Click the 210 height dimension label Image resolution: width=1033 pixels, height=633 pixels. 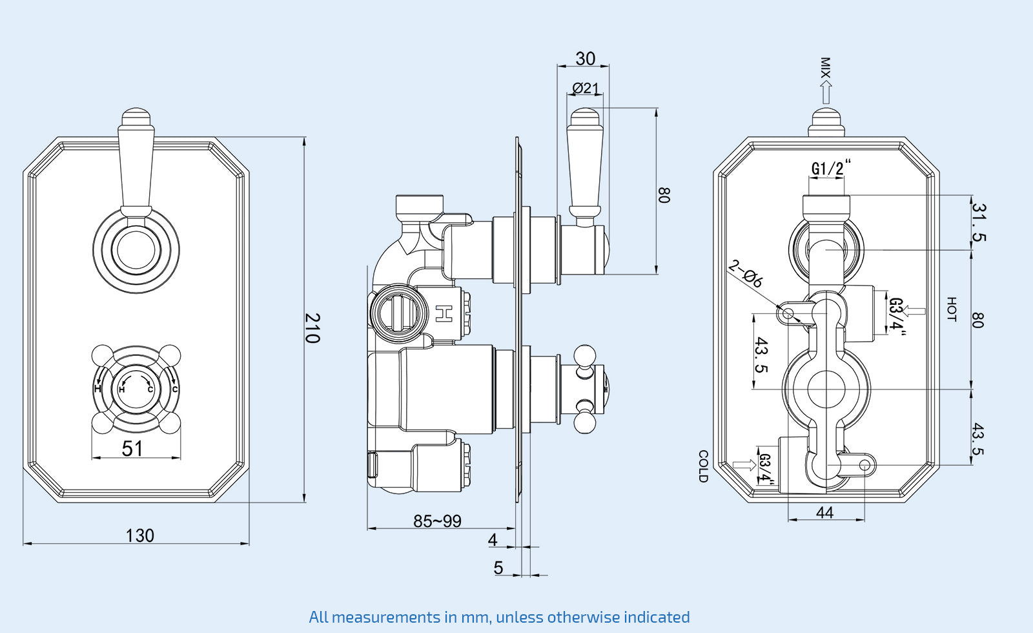pyautogui.click(x=312, y=328)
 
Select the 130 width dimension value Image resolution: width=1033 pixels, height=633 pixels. pyautogui.click(x=139, y=535)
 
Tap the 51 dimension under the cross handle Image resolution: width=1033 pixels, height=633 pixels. pyautogui.click(x=132, y=448)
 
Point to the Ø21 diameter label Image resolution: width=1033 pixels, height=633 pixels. pyautogui.click(x=586, y=88)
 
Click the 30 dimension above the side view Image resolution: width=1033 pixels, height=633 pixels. pyautogui.click(x=585, y=59)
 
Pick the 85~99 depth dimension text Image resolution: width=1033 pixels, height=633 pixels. pyautogui.click(x=437, y=521)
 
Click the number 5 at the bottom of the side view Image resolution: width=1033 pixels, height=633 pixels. pyautogui.click(x=498, y=568)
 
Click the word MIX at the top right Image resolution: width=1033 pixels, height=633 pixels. pyautogui.click(x=824, y=68)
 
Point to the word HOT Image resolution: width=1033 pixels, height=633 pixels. pyautogui.click(x=951, y=309)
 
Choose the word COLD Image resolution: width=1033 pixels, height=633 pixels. pyautogui.click(x=703, y=466)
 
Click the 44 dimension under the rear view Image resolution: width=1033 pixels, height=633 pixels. pyautogui.click(x=824, y=512)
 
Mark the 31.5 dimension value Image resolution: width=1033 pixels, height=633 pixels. pyautogui.click(x=979, y=222)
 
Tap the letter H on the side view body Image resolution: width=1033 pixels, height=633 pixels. pyautogui.click(x=443, y=313)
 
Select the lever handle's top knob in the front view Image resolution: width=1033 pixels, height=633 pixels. pyautogui.click(x=136, y=117)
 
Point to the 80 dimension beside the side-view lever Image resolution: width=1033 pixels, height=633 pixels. pyautogui.click(x=664, y=195)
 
